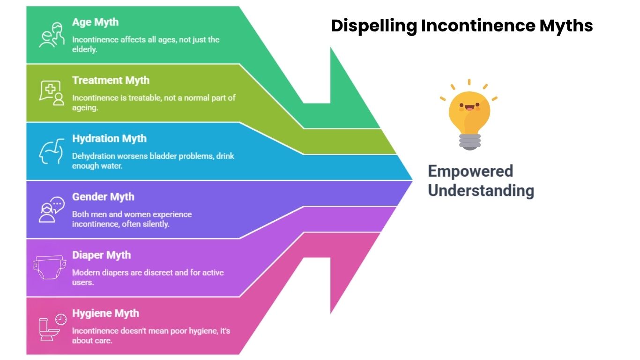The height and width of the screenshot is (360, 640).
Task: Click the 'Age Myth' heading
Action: (95, 22)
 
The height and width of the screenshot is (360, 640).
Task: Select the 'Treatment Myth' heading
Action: (111, 80)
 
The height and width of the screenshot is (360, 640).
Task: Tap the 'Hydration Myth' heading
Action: (109, 139)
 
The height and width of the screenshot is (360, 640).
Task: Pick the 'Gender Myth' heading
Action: (103, 197)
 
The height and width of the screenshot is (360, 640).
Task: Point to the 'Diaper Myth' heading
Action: (101, 255)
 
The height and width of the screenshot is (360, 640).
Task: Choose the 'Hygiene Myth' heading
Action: (105, 314)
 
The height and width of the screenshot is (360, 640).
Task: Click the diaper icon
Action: (50, 267)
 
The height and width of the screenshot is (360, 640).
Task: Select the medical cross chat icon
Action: (52, 93)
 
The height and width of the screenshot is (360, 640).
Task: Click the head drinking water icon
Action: (52, 151)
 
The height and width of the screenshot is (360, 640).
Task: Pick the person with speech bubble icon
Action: (52, 210)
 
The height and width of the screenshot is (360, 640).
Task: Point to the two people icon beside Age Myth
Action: (52, 35)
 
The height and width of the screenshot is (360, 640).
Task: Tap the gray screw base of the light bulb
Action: (470, 142)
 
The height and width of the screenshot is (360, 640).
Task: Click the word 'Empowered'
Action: (470, 171)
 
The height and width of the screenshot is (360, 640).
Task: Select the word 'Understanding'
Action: (481, 191)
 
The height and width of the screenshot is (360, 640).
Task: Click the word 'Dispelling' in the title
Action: (374, 26)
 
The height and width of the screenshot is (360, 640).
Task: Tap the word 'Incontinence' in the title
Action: (478, 25)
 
